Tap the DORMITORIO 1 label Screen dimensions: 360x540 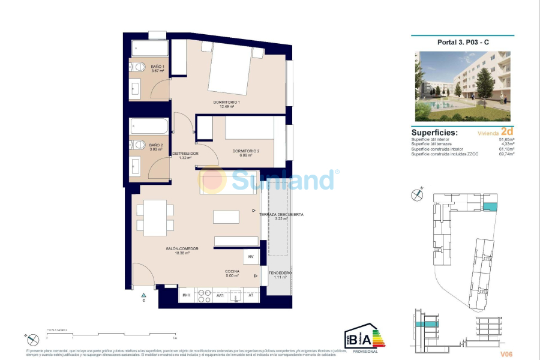226,102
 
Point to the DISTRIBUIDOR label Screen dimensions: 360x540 185,154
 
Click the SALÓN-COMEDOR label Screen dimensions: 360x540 182,248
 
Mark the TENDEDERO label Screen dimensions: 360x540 280,273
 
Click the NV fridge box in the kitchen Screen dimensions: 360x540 251,257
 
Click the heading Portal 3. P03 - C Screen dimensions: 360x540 463,42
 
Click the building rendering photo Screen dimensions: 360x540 463,86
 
